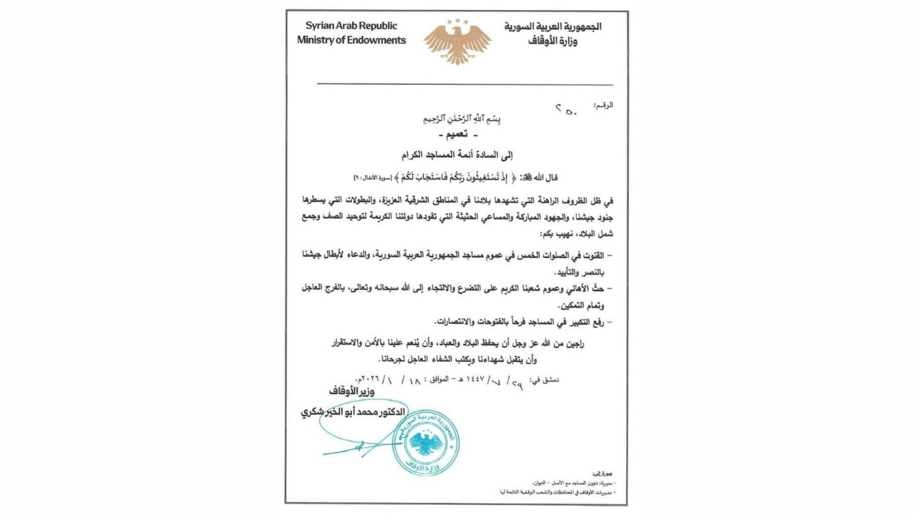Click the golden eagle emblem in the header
pyautogui.click(x=457, y=41)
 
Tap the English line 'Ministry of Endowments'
pyautogui.click(x=351, y=41)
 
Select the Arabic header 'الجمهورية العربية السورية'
pyautogui.click(x=553, y=26)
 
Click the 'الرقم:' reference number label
pyautogui.click(x=604, y=105)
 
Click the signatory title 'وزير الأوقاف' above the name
pyautogui.click(x=351, y=392)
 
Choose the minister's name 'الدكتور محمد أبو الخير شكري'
pyautogui.click(x=354, y=413)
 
